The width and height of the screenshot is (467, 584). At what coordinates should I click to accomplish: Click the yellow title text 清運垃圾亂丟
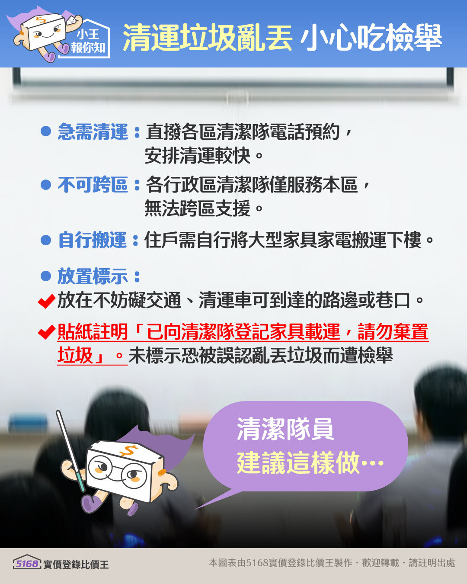[208, 38]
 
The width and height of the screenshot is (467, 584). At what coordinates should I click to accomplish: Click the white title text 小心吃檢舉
[371, 38]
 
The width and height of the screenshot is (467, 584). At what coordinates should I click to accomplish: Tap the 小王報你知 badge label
[88, 41]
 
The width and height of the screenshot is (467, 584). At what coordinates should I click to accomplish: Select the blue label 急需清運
[93, 132]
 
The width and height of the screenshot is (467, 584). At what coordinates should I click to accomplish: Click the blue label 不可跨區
[93, 185]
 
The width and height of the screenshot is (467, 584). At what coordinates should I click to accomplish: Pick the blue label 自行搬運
[93, 240]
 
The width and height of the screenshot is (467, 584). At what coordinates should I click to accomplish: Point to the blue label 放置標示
[93, 276]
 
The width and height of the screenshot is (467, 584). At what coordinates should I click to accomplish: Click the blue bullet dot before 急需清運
[46, 131]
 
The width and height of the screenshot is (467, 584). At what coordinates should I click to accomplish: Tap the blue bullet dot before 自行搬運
[46, 240]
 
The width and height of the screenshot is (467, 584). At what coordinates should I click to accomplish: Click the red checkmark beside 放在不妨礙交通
[46, 301]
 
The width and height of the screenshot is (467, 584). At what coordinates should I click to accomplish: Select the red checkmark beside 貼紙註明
[46, 332]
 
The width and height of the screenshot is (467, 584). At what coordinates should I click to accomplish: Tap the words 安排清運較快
[198, 156]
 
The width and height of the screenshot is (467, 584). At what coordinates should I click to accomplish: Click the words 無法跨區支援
[198, 209]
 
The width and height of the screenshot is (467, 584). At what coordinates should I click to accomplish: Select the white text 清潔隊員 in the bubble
[285, 429]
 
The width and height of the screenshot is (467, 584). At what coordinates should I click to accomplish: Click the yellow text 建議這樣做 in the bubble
[298, 462]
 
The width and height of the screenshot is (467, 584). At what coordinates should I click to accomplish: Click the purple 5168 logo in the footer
[27, 563]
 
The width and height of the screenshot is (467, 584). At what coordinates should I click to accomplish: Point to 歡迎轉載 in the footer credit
[380, 563]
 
